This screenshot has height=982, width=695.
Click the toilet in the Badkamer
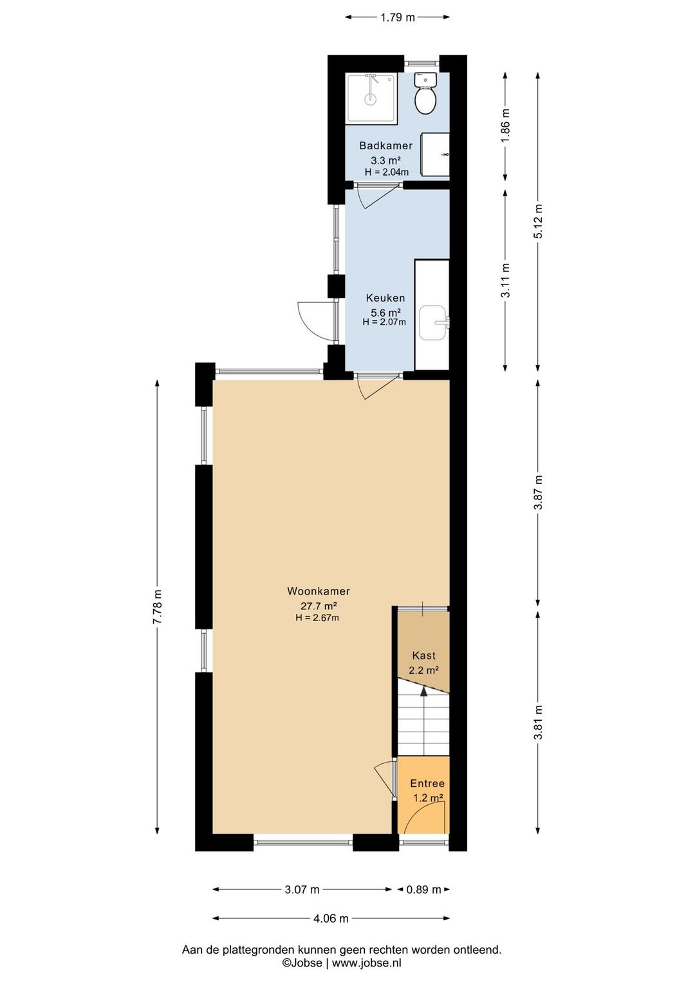pyautogui.click(x=425, y=93)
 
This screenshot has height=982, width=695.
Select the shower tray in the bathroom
pyautogui.click(x=372, y=98)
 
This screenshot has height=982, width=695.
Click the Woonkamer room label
pyautogui.click(x=319, y=591)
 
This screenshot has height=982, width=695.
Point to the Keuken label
pyautogui.click(x=385, y=298)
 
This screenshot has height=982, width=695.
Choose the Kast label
pyautogui.click(x=423, y=655)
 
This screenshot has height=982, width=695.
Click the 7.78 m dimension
pyautogui.click(x=158, y=607)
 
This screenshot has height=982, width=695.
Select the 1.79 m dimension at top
pyautogui.click(x=397, y=17)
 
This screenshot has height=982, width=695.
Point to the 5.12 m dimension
pyautogui.click(x=539, y=221)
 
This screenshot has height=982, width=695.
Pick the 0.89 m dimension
pyautogui.click(x=423, y=889)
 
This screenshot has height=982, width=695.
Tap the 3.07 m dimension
pyautogui.click(x=302, y=889)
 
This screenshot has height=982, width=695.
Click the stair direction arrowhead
pyautogui.click(x=423, y=691)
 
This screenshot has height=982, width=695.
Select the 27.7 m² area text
pyautogui.click(x=319, y=606)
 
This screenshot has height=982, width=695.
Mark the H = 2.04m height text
pyautogui.click(x=386, y=172)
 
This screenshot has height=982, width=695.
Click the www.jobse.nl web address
pyautogui.click(x=366, y=963)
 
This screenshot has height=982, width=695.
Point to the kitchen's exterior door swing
pyautogui.click(x=316, y=320)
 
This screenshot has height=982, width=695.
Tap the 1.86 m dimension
pyautogui.click(x=506, y=127)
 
